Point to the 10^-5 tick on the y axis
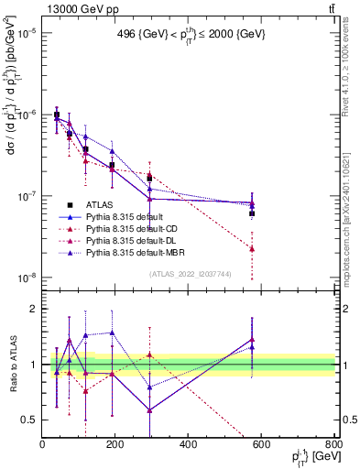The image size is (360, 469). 27,32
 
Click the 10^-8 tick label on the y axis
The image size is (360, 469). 27,278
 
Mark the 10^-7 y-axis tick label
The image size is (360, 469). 27,196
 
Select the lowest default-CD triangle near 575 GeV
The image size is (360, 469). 252,248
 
